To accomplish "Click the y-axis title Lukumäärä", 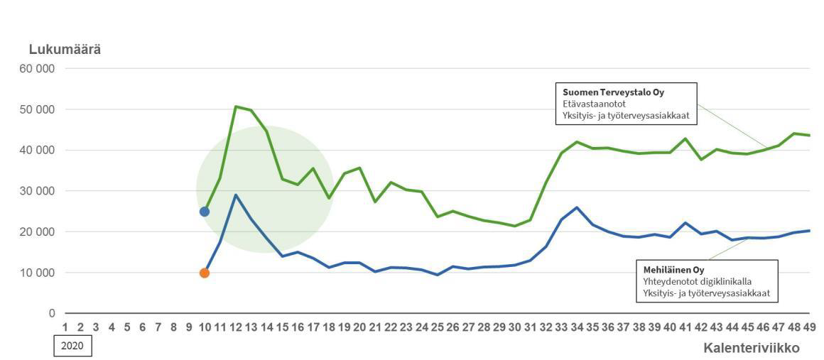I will point(65,50).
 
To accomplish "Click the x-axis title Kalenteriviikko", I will point(752,348).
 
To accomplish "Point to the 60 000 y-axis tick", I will point(41,69).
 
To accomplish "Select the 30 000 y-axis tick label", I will point(41,191).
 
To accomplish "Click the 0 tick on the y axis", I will point(52,313).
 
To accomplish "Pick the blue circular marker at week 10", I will point(205,212).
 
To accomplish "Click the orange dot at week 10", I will point(205,273).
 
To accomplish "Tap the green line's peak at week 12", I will point(235,107).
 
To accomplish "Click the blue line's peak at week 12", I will point(235,195).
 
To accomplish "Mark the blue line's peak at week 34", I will point(577,207).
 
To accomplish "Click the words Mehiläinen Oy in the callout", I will point(673,270).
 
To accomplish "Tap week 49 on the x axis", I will point(809,327).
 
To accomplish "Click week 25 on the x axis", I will point(437,327).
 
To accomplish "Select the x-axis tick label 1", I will point(65,327).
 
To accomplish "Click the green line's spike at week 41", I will point(685,138).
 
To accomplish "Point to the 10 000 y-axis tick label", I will point(41,273).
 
